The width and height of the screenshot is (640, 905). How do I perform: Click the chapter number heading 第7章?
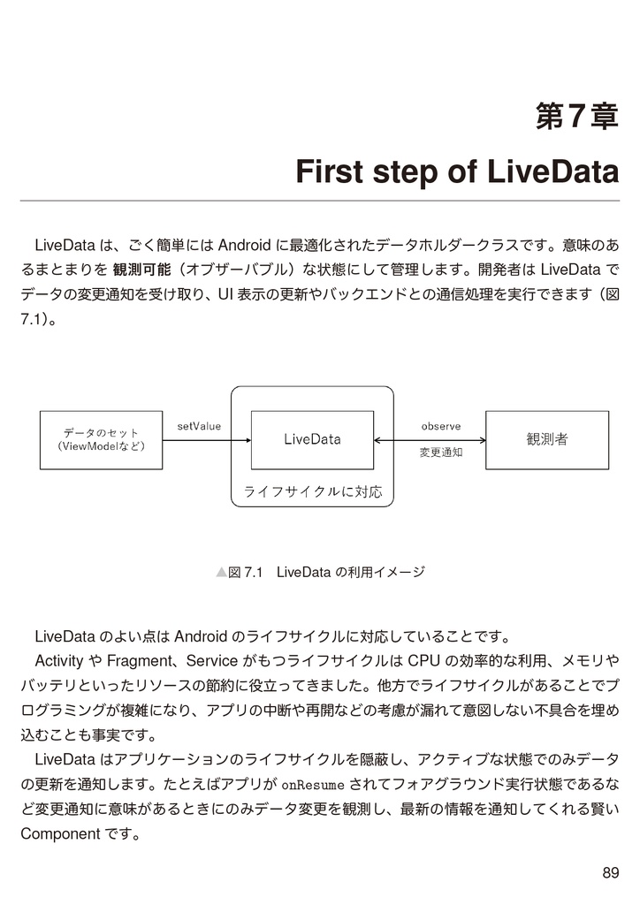pos(576,116)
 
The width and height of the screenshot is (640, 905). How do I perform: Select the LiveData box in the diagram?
pos(312,439)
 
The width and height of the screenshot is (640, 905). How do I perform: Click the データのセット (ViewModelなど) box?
pos(102,439)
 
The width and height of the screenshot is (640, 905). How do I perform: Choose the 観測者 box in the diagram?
pos(547,439)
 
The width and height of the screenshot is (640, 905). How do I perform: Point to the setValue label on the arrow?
pos(199,426)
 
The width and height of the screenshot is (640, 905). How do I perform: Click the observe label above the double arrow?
pos(441,426)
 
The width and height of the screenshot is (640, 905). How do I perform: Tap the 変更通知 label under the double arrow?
pos(441,452)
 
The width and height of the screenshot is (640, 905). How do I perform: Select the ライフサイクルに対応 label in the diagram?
pos(312,491)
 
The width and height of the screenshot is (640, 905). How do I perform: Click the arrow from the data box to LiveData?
pos(208,440)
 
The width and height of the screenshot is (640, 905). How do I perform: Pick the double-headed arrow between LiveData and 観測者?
pos(430,440)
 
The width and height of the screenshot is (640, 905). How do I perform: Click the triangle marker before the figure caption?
pos(221,573)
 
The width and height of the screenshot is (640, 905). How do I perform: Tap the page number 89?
pos(610,873)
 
